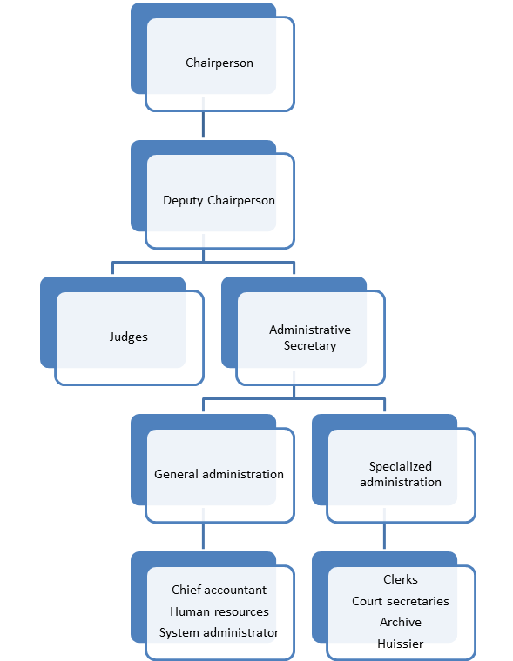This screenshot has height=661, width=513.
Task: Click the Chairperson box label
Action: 219,63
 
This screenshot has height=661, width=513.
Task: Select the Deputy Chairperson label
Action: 219,200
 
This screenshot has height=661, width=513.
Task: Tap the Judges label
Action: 129,337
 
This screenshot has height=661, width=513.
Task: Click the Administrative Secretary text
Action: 310,337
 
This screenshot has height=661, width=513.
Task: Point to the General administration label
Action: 219,474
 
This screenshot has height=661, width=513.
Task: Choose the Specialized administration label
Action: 401,474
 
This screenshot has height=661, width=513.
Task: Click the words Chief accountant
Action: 219,591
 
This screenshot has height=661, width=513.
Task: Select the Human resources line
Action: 219,611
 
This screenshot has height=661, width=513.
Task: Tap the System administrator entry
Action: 219,632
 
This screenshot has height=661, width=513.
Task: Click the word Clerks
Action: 401,579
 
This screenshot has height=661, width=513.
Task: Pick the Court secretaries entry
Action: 401,601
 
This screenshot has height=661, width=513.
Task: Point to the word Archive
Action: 401,622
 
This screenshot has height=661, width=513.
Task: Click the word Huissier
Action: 401,644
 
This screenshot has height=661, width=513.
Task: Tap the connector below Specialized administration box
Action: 385,537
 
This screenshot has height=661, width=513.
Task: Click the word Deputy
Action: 183,200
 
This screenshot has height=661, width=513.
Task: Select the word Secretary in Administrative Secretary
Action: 310,345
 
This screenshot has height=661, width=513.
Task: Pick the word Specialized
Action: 401,466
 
